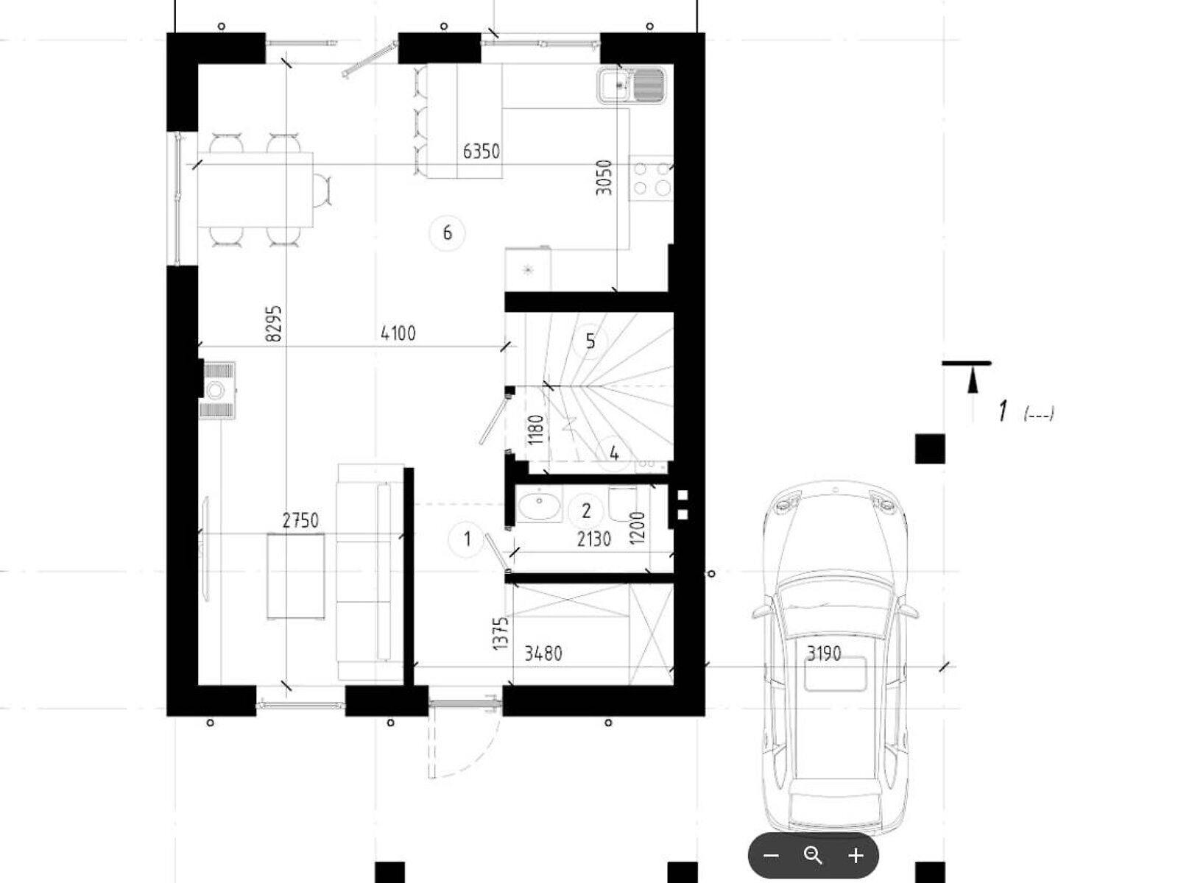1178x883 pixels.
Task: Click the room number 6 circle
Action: (x=447, y=233)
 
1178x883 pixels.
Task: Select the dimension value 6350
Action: (x=482, y=152)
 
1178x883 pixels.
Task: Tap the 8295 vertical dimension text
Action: (x=274, y=323)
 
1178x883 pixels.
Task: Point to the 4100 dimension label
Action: (x=398, y=333)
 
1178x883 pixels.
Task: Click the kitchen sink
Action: (x=631, y=85)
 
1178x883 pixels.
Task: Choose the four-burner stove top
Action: (x=651, y=179)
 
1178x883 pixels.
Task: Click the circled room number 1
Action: (x=467, y=539)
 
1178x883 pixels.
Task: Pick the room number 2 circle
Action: (x=586, y=511)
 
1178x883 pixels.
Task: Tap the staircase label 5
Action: (x=590, y=341)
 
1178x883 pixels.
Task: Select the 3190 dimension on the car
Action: (x=825, y=653)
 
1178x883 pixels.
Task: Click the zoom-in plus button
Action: (x=856, y=855)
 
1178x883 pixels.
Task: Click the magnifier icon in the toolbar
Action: (x=813, y=855)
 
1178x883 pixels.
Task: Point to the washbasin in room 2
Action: (x=539, y=504)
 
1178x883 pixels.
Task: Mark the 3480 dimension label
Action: (x=543, y=653)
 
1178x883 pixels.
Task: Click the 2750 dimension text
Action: (x=300, y=520)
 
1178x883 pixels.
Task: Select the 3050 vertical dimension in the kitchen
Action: (x=604, y=177)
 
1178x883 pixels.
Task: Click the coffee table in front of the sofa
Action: (x=296, y=576)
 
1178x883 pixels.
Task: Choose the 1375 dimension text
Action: (x=500, y=634)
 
